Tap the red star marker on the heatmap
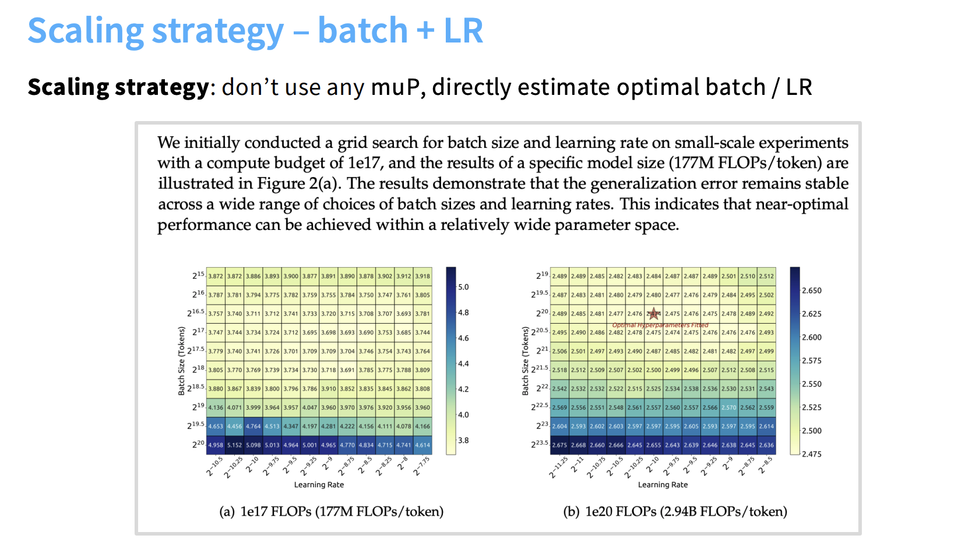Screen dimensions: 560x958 pyautogui.click(x=654, y=314)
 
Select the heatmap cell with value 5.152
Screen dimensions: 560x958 pyautogui.click(x=234, y=445)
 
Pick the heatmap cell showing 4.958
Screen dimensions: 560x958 pyautogui.click(x=216, y=445)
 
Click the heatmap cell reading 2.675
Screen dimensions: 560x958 pyautogui.click(x=559, y=445)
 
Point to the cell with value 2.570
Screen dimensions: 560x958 pyautogui.click(x=728, y=407)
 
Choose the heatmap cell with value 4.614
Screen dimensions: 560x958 pyautogui.click(x=422, y=445)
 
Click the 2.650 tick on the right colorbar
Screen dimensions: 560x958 pyautogui.click(x=812, y=290)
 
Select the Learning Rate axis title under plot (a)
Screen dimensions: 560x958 pyautogui.click(x=319, y=485)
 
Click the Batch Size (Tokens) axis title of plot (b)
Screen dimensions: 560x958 pyautogui.click(x=525, y=361)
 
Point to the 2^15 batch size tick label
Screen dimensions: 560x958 pyautogui.click(x=198, y=275)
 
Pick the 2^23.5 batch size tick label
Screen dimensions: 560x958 pyautogui.click(x=539, y=444)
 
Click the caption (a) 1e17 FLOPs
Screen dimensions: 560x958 pyautogui.click(x=331, y=512)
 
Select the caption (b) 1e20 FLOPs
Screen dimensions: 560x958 pyautogui.click(x=675, y=512)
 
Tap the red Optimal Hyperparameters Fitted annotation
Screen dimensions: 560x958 pyautogui.click(x=660, y=325)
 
